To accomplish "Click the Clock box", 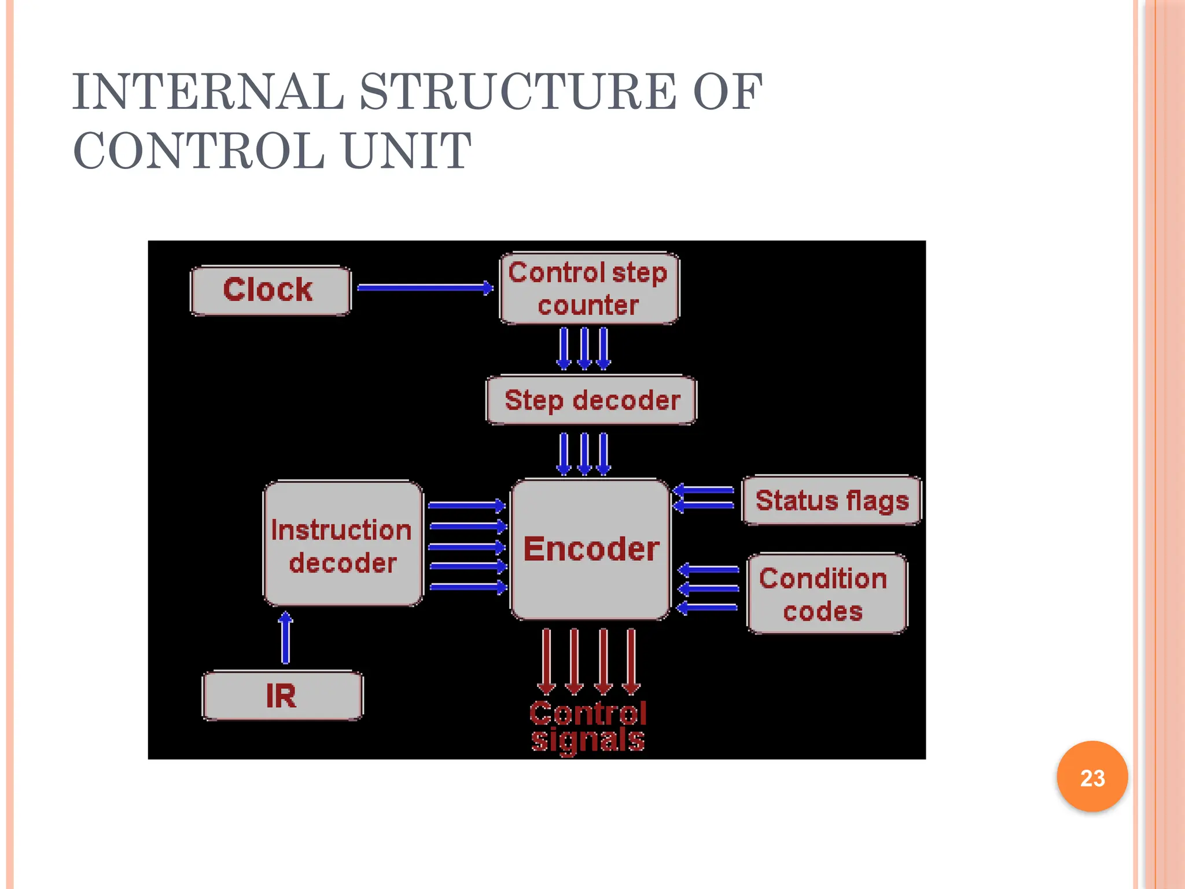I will pos(270,291).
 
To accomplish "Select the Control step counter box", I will pos(589,288).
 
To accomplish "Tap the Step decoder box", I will pos(591,401).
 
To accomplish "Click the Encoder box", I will pos(590,549).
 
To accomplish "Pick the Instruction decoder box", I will pos(343,544).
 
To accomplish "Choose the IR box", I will pos(282,696).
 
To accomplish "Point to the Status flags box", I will pos(831,501).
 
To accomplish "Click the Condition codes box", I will pos(827,594).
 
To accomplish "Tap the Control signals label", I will pos(588,726).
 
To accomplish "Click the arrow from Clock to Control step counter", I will pos(424,288).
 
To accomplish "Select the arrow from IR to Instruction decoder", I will pos(285,638).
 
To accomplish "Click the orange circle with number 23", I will pos(1092,777).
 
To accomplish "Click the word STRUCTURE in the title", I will pos(518,93).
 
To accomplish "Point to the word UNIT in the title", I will pos(407,152).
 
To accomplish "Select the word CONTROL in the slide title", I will pos(199,152).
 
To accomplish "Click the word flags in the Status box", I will pos(877,501).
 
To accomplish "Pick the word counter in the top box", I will pos(588,306).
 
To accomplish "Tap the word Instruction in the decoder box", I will pos(341,530).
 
